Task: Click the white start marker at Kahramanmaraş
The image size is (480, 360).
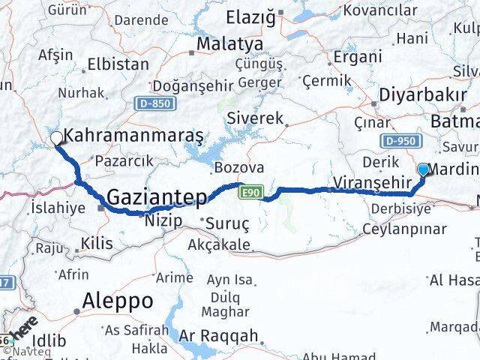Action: click(x=56, y=138)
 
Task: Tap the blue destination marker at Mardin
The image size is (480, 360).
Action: click(x=424, y=169)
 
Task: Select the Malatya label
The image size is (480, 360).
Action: click(x=229, y=44)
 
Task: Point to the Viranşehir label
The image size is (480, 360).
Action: click(x=373, y=182)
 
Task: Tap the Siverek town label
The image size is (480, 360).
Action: click(x=255, y=118)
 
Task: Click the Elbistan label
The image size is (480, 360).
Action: click(x=118, y=64)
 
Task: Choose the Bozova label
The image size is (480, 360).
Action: click(x=238, y=167)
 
